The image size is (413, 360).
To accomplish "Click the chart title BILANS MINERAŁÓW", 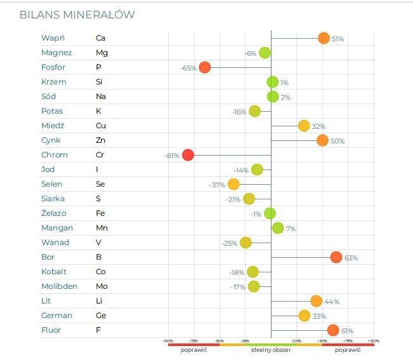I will point(77,15).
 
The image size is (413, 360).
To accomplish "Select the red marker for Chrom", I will point(188,155).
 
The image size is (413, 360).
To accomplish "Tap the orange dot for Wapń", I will point(324,38).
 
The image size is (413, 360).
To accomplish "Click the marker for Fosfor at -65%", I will point(204,67).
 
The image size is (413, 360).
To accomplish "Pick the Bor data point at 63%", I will point(336,257).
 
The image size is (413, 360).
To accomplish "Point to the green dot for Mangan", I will point(278,228).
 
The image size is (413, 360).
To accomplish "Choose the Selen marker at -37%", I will point(233,184).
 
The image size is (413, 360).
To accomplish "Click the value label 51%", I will point(338,39).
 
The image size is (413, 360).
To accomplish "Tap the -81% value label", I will point(172,156).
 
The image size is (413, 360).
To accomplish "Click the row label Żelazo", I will point(53,213).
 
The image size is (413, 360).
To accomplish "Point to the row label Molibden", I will point(59,286).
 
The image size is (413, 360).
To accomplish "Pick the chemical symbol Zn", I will point(100,140).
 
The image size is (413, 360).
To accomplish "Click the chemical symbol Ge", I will point(101,316).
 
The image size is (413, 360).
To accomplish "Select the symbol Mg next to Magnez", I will point(102,53).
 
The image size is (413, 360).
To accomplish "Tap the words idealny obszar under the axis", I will point(270,350).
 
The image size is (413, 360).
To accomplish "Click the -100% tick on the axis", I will point(168,341).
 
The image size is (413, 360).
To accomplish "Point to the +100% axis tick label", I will point(374,341).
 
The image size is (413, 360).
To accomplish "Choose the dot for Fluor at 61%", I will point(333,330).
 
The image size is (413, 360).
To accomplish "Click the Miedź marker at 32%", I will point(304,126).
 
